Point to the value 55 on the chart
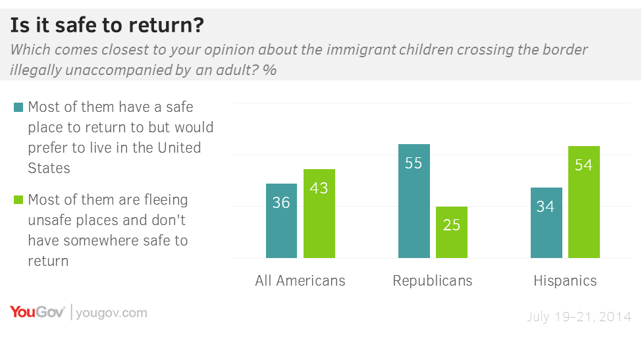[x=414, y=163]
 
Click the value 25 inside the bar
[x=451, y=224]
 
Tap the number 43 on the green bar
[x=319, y=188]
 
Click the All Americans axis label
[x=300, y=280]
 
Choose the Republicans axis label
[x=432, y=280]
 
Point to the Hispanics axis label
[x=565, y=280]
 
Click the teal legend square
[x=18, y=107]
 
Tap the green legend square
[x=18, y=199]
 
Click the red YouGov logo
[x=37, y=313]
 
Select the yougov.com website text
[x=111, y=313]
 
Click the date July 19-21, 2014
[x=579, y=317]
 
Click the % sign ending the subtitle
[x=269, y=70]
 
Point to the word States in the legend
[x=49, y=168]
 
